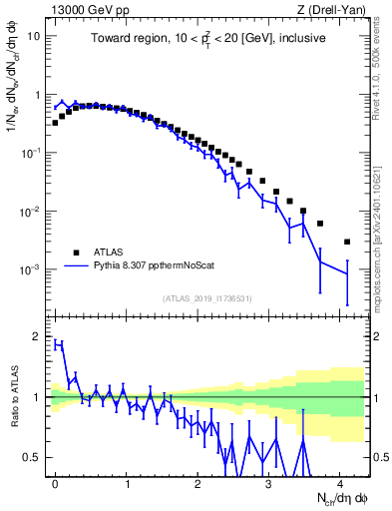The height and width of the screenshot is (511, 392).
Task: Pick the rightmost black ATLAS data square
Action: [x=347, y=242]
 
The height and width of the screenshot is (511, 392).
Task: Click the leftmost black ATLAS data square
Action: [x=55, y=123]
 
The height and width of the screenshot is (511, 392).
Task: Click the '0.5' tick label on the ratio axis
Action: [x=33, y=457]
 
